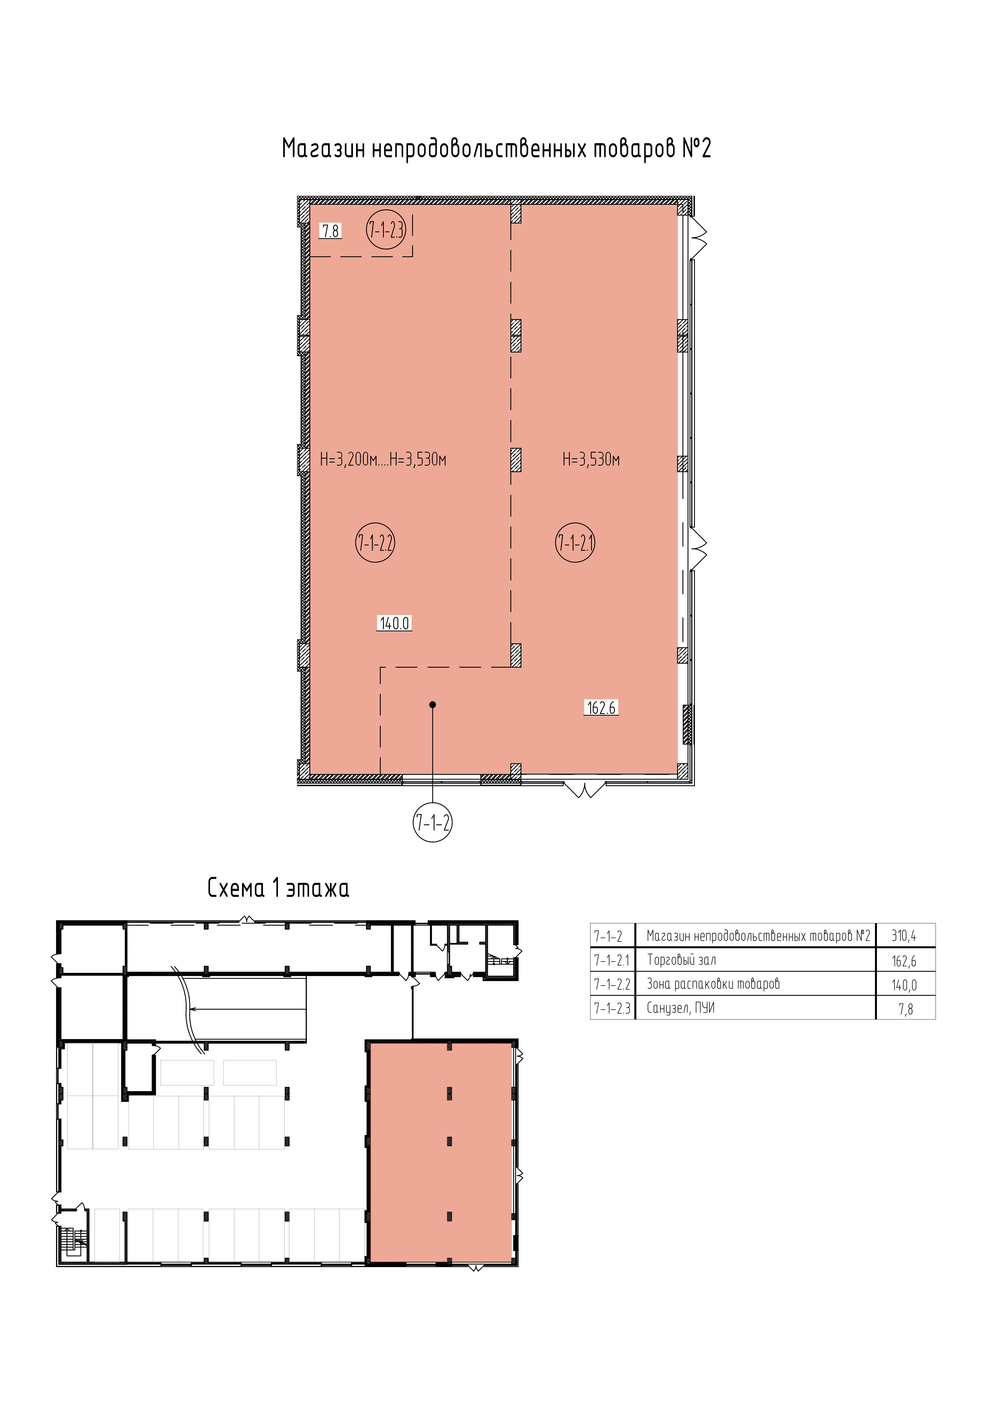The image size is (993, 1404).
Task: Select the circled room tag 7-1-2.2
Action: point(375,542)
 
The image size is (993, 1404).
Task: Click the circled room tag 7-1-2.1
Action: point(575,542)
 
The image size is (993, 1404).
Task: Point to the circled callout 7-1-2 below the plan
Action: point(433,822)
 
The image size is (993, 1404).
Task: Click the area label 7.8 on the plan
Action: point(330,231)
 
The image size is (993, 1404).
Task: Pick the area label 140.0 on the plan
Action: point(395,624)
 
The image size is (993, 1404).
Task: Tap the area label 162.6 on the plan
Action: point(602,708)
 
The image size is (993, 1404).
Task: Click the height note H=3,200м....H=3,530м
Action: point(383,459)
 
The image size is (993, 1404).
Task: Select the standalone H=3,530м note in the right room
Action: point(591,459)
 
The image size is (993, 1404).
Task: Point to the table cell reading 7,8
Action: point(906,1009)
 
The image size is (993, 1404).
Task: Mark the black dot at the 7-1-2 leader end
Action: point(433,704)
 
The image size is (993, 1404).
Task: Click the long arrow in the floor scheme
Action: point(248,1009)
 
